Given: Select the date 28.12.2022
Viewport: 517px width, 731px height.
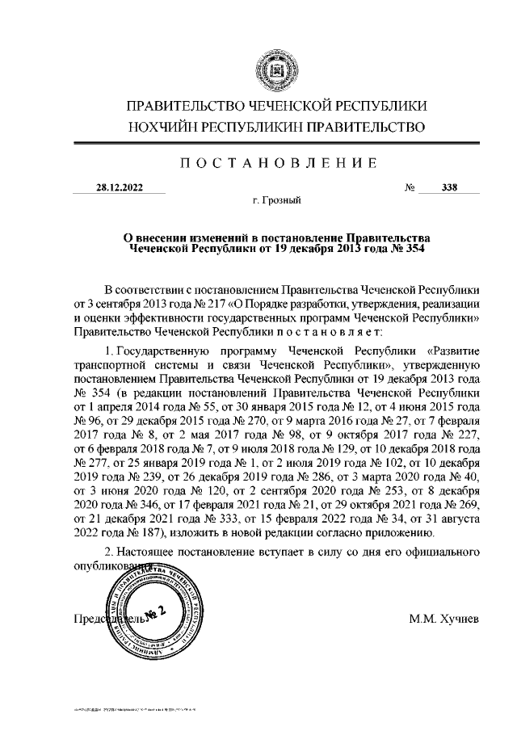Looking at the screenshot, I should pos(119,188).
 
